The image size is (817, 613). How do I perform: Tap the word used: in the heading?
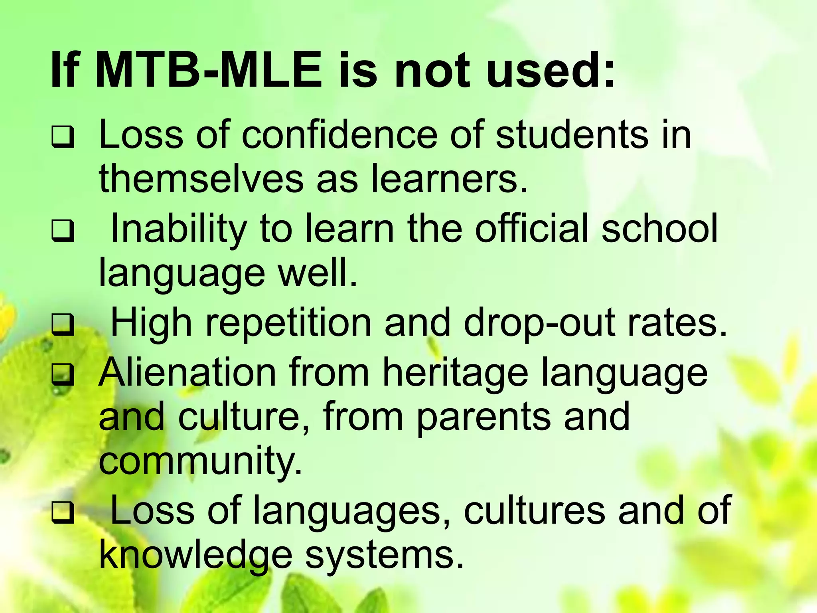pyautogui.click(x=551, y=71)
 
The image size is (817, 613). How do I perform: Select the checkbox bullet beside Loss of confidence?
pyautogui.click(x=63, y=137)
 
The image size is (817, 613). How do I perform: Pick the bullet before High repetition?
pyautogui.click(x=63, y=324)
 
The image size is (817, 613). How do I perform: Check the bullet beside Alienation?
pyautogui.click(x=63, y=374)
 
